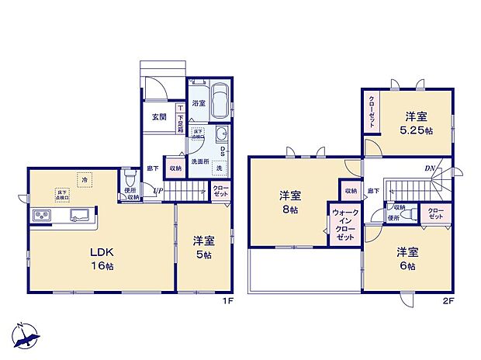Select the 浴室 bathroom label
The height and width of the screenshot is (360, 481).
199,103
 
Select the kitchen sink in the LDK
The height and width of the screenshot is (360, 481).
79,214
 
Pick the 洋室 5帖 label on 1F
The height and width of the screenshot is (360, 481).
204,249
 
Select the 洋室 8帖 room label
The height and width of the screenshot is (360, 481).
290,203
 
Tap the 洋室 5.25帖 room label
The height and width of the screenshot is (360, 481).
417,123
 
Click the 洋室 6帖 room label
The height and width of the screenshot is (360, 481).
407,258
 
